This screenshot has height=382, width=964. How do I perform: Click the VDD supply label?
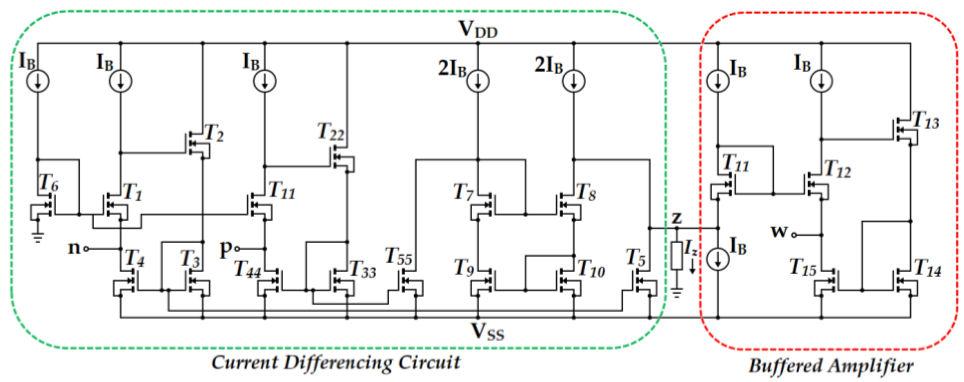pos(478,30)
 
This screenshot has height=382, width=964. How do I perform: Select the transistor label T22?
pos(330,132)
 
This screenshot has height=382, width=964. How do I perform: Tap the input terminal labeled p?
pos(226,249)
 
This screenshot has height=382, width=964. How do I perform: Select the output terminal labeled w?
pos(779,232)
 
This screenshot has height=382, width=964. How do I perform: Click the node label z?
pos(676,218)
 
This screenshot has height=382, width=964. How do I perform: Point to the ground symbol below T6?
pos(37,237)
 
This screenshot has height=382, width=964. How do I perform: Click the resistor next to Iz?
pos(676,256)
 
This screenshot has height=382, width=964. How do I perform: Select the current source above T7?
pos(477,81)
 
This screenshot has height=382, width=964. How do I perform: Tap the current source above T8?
pos(574,81)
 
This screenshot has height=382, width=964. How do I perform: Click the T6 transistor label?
pos(49,184)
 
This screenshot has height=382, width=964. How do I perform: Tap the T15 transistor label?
pos(803,268)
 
